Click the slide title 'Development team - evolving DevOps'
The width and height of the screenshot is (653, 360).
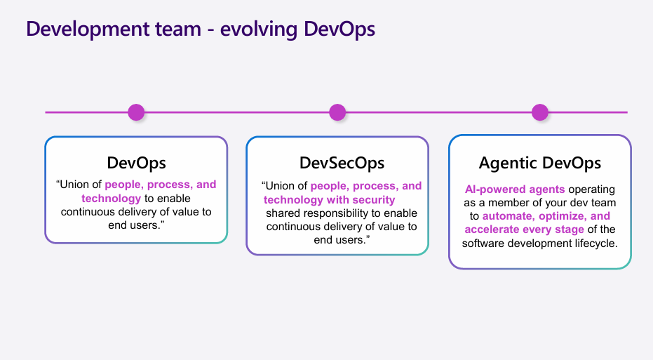pos(201,29)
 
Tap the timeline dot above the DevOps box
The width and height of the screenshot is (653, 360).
pos(136,112)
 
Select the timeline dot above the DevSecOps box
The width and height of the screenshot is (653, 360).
pos(337,112)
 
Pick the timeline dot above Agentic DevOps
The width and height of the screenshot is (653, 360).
pos(539,112)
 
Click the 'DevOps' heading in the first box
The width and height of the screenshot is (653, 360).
pos(136,163)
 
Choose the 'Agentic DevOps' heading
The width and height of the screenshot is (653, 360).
pos(539,163)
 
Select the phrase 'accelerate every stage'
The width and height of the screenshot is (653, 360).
pos(524,229)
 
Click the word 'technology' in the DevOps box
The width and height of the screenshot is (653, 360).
pos(111,198)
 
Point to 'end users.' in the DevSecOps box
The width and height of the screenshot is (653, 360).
pos(342,240)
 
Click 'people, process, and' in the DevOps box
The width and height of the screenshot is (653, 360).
pos(161,185)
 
